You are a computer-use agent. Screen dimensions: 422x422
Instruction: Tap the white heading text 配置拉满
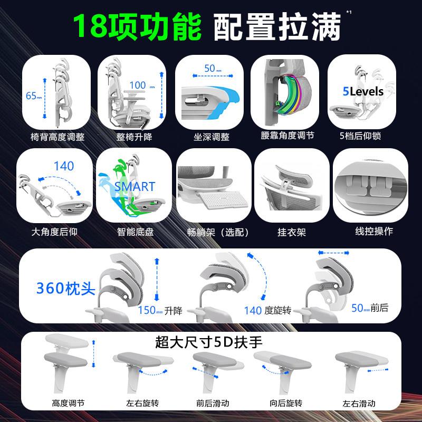point(277,27)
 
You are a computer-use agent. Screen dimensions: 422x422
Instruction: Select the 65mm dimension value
point(34,95)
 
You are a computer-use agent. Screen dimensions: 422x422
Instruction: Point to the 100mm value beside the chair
point(142,85)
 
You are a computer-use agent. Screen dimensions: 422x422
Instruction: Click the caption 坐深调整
point(212,137)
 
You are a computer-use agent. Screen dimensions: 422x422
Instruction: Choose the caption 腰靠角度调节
point(287,136)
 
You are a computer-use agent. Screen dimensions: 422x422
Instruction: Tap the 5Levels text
point(363,91)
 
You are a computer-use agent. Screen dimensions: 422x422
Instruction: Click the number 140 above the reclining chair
point(64,166)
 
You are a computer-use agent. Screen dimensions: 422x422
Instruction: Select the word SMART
point(135,187)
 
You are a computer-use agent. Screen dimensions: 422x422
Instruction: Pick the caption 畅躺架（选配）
point(218,232)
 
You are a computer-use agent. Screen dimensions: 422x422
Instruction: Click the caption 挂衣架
point(292,232)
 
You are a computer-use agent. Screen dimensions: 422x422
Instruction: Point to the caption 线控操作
point(374,231)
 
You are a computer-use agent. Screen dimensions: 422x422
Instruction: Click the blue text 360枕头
point(66,288)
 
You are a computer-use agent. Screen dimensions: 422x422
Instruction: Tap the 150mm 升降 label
point(160,311)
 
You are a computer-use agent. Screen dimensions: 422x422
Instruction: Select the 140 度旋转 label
point(267,311)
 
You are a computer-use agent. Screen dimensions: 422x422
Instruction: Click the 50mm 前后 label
point(370,308)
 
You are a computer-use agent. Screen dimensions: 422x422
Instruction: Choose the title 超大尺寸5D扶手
point(208,342)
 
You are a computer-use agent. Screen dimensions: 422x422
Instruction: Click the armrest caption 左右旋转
point(142,403)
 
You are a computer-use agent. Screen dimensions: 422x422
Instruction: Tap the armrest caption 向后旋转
point(286,403)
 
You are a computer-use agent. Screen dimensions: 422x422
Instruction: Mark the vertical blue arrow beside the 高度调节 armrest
point(93,353)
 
